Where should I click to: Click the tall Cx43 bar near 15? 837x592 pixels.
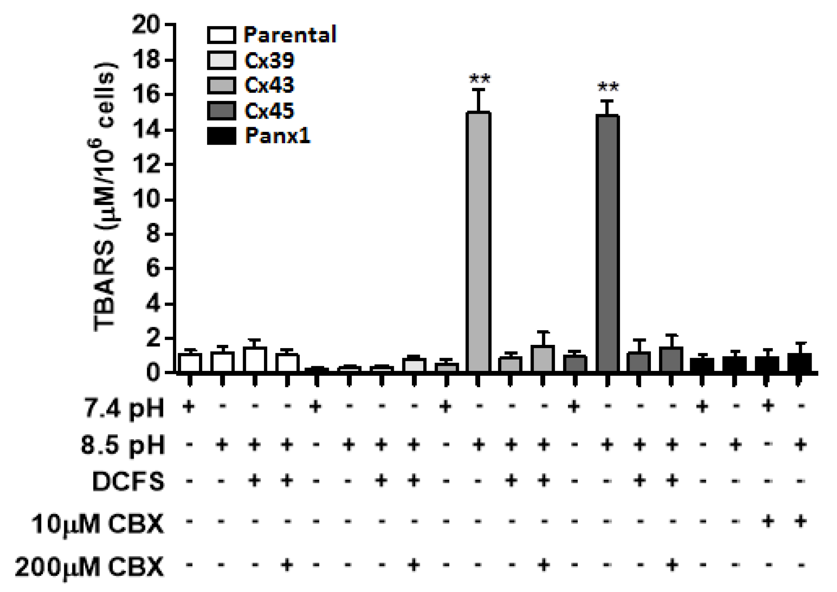click(x=478, y=242)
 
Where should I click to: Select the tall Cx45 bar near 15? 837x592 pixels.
click(x=608, y=244)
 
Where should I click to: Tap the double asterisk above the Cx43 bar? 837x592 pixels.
click(x=479, y=79)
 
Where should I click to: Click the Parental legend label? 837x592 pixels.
click(x=290, y=35)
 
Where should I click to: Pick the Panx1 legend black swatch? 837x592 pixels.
click(x=221, y=136)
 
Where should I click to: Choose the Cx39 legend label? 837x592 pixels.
click(x=269, y=61)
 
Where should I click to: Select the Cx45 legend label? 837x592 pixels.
click(x=269, y=111)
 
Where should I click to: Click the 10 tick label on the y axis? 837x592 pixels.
click(x=146, y=200)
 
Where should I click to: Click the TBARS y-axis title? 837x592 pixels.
click(x=105, y=198)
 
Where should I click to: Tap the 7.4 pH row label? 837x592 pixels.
click(x=124, y=408)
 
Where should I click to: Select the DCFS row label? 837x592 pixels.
click(x=128, y=481)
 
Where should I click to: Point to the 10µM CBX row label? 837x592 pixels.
click(x=98, y=523)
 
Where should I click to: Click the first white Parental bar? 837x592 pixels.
click(x=190, y=363)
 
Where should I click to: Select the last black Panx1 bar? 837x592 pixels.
click(x=799, y=363)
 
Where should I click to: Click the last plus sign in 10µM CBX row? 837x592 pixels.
click(x=800, y=521)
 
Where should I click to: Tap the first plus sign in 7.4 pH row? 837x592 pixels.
click(x=189, y=407)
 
